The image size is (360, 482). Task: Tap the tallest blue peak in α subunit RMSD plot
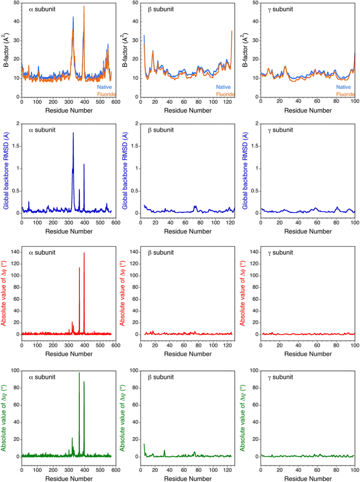(x=73, y=134)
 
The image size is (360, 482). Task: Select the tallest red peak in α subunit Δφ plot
(x=84, y=253)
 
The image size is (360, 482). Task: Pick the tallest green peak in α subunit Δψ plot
(x=79, y=373)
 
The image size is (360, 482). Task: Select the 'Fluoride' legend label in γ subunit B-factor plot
(x=346, y=94)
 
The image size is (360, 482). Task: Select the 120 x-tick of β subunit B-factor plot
(x=228, y=102)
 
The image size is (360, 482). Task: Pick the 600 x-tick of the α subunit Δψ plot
(x=115, y=470)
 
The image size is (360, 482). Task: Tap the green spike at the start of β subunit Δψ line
(x=144, y=444)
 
